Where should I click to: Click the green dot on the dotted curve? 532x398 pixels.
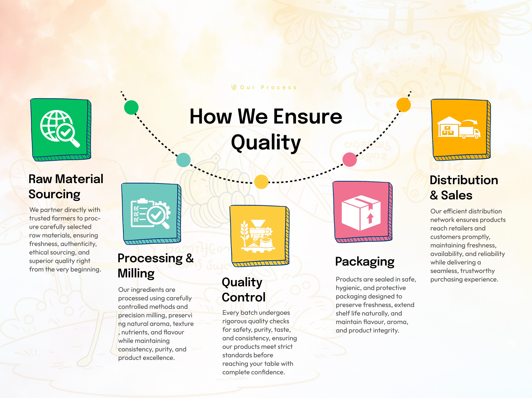131,107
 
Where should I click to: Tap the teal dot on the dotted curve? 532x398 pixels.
183,160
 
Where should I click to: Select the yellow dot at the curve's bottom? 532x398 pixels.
261,182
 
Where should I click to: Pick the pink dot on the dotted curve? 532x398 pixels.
349,159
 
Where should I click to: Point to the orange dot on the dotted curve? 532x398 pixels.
403,105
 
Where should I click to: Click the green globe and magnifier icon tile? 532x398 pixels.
61,129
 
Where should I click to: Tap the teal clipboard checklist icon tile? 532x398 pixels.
151,213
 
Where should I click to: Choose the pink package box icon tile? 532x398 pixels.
362,212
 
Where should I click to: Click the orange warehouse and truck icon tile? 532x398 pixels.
461,129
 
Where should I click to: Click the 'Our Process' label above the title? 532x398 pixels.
268,87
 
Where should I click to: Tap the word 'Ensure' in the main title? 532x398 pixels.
308,117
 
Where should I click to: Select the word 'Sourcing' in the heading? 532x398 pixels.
54,195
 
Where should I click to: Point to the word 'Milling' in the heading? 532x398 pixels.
136,273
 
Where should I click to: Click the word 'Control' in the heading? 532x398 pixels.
243,297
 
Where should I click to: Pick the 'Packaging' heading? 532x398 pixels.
365,262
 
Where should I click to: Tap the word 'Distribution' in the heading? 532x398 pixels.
464,180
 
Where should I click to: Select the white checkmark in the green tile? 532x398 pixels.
65,132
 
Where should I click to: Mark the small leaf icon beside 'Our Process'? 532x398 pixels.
234,87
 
